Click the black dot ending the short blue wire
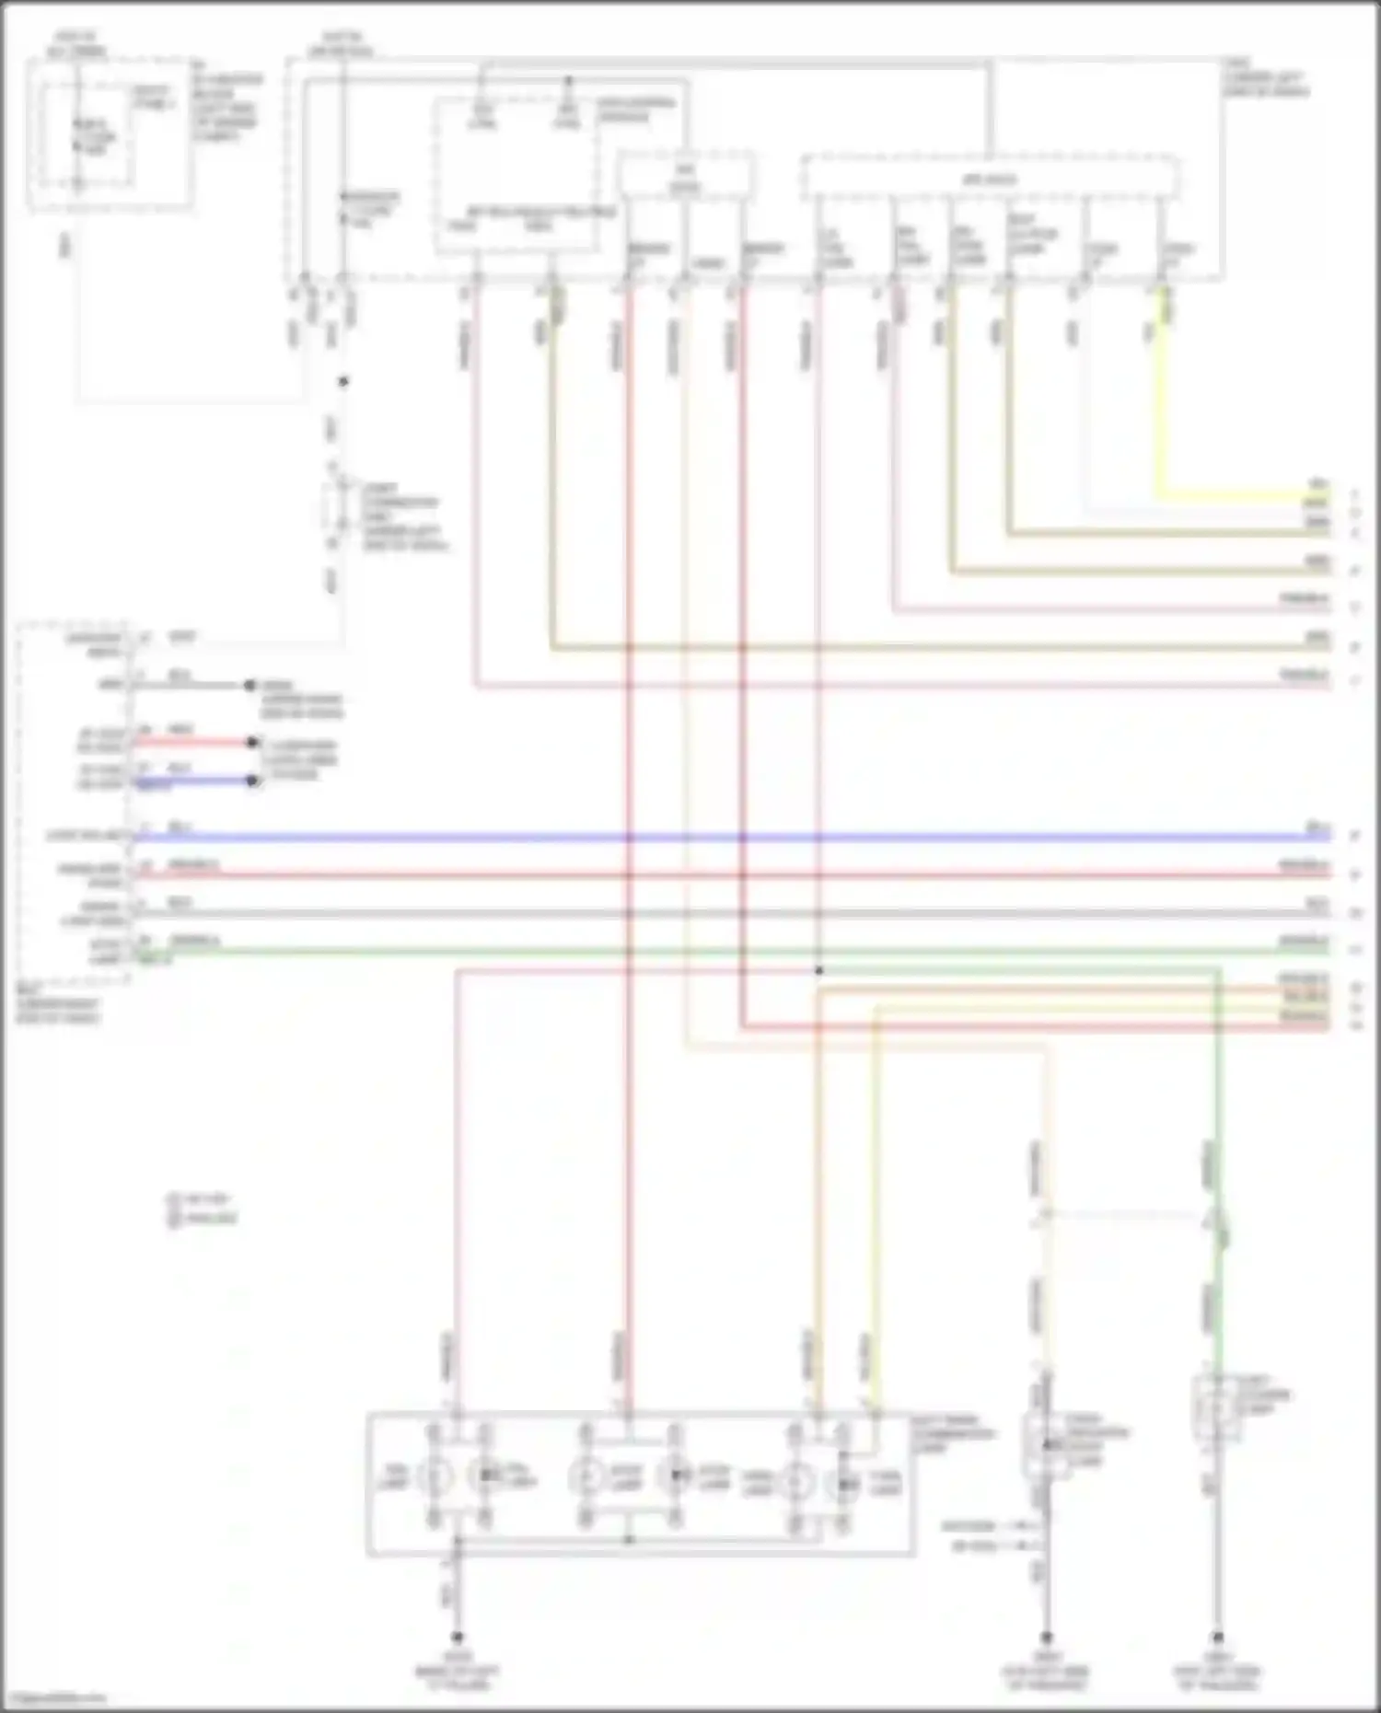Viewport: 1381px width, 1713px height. point(252,781)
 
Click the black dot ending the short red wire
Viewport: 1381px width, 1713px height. point(252,742)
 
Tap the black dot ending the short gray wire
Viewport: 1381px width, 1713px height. point(249,686)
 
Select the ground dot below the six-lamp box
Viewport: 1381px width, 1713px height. point(456,1638)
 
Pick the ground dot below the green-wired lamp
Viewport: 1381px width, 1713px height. point(1216,1638)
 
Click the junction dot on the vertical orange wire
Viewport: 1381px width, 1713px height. point(818,970)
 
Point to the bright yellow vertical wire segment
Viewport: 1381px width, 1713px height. point(1160,396)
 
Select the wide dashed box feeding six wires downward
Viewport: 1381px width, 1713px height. point(990,178)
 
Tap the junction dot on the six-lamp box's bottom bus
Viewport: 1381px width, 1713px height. point(629,1538)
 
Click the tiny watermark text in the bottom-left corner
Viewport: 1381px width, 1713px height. point(53,1697)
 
